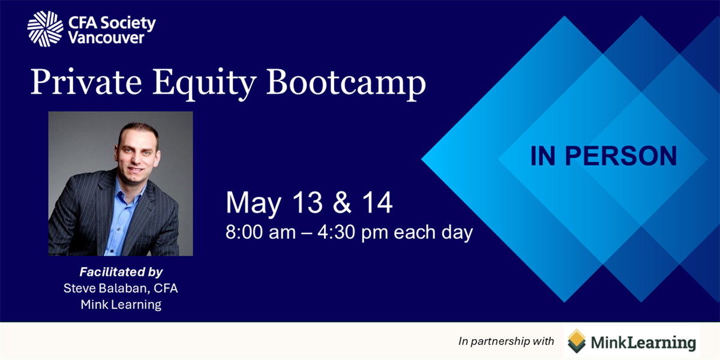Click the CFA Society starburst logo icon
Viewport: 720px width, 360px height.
(46, 29)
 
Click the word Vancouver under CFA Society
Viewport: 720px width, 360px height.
(106, 38)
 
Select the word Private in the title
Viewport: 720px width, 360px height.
(86, 82)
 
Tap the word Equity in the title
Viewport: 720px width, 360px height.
(204, 84)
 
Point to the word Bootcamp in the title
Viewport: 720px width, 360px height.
(346, 84)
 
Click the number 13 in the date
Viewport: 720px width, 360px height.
(308, 203)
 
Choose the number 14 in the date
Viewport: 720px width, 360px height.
(377, 203)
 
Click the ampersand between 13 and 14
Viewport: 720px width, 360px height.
(342, 203)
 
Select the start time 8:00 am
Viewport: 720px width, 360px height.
(260, 232)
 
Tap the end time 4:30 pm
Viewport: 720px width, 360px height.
(353, 233)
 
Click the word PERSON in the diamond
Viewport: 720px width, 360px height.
(620, 156)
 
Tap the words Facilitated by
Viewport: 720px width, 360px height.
(121, 272)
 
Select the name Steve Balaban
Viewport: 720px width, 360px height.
(106, 289)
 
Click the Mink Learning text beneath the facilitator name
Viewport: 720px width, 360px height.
(121, 304)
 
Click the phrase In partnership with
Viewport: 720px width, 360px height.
(506, 341)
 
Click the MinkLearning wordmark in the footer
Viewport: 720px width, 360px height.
(643, 343)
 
